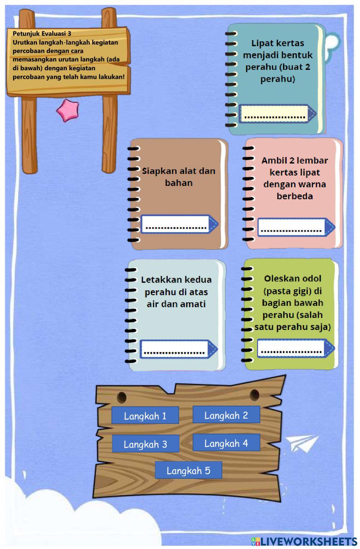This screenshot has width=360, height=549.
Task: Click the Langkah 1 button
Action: pos(145,416)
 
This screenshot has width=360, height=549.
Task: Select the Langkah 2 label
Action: pos(226,415)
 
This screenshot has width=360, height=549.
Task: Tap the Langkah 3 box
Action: pos(145,444)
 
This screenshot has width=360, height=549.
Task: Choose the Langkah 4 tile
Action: pos(226,443)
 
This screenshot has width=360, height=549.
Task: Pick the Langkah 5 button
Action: pos(188,470)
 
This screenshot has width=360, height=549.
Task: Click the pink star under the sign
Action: pos(67,111)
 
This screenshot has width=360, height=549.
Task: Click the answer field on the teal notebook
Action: pos(274,114)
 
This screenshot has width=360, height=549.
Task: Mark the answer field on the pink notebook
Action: pos(291,227)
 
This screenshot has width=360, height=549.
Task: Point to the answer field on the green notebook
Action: pos(291,348)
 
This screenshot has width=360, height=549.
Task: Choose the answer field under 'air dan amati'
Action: pos(174,349)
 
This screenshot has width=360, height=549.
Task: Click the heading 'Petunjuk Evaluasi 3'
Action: pos(42,34)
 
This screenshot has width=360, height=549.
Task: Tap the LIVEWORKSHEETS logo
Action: pos(304,541)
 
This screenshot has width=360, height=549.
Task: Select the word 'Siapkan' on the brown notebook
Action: pos(155,171)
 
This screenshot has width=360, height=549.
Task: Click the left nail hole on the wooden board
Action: pos(122,397)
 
